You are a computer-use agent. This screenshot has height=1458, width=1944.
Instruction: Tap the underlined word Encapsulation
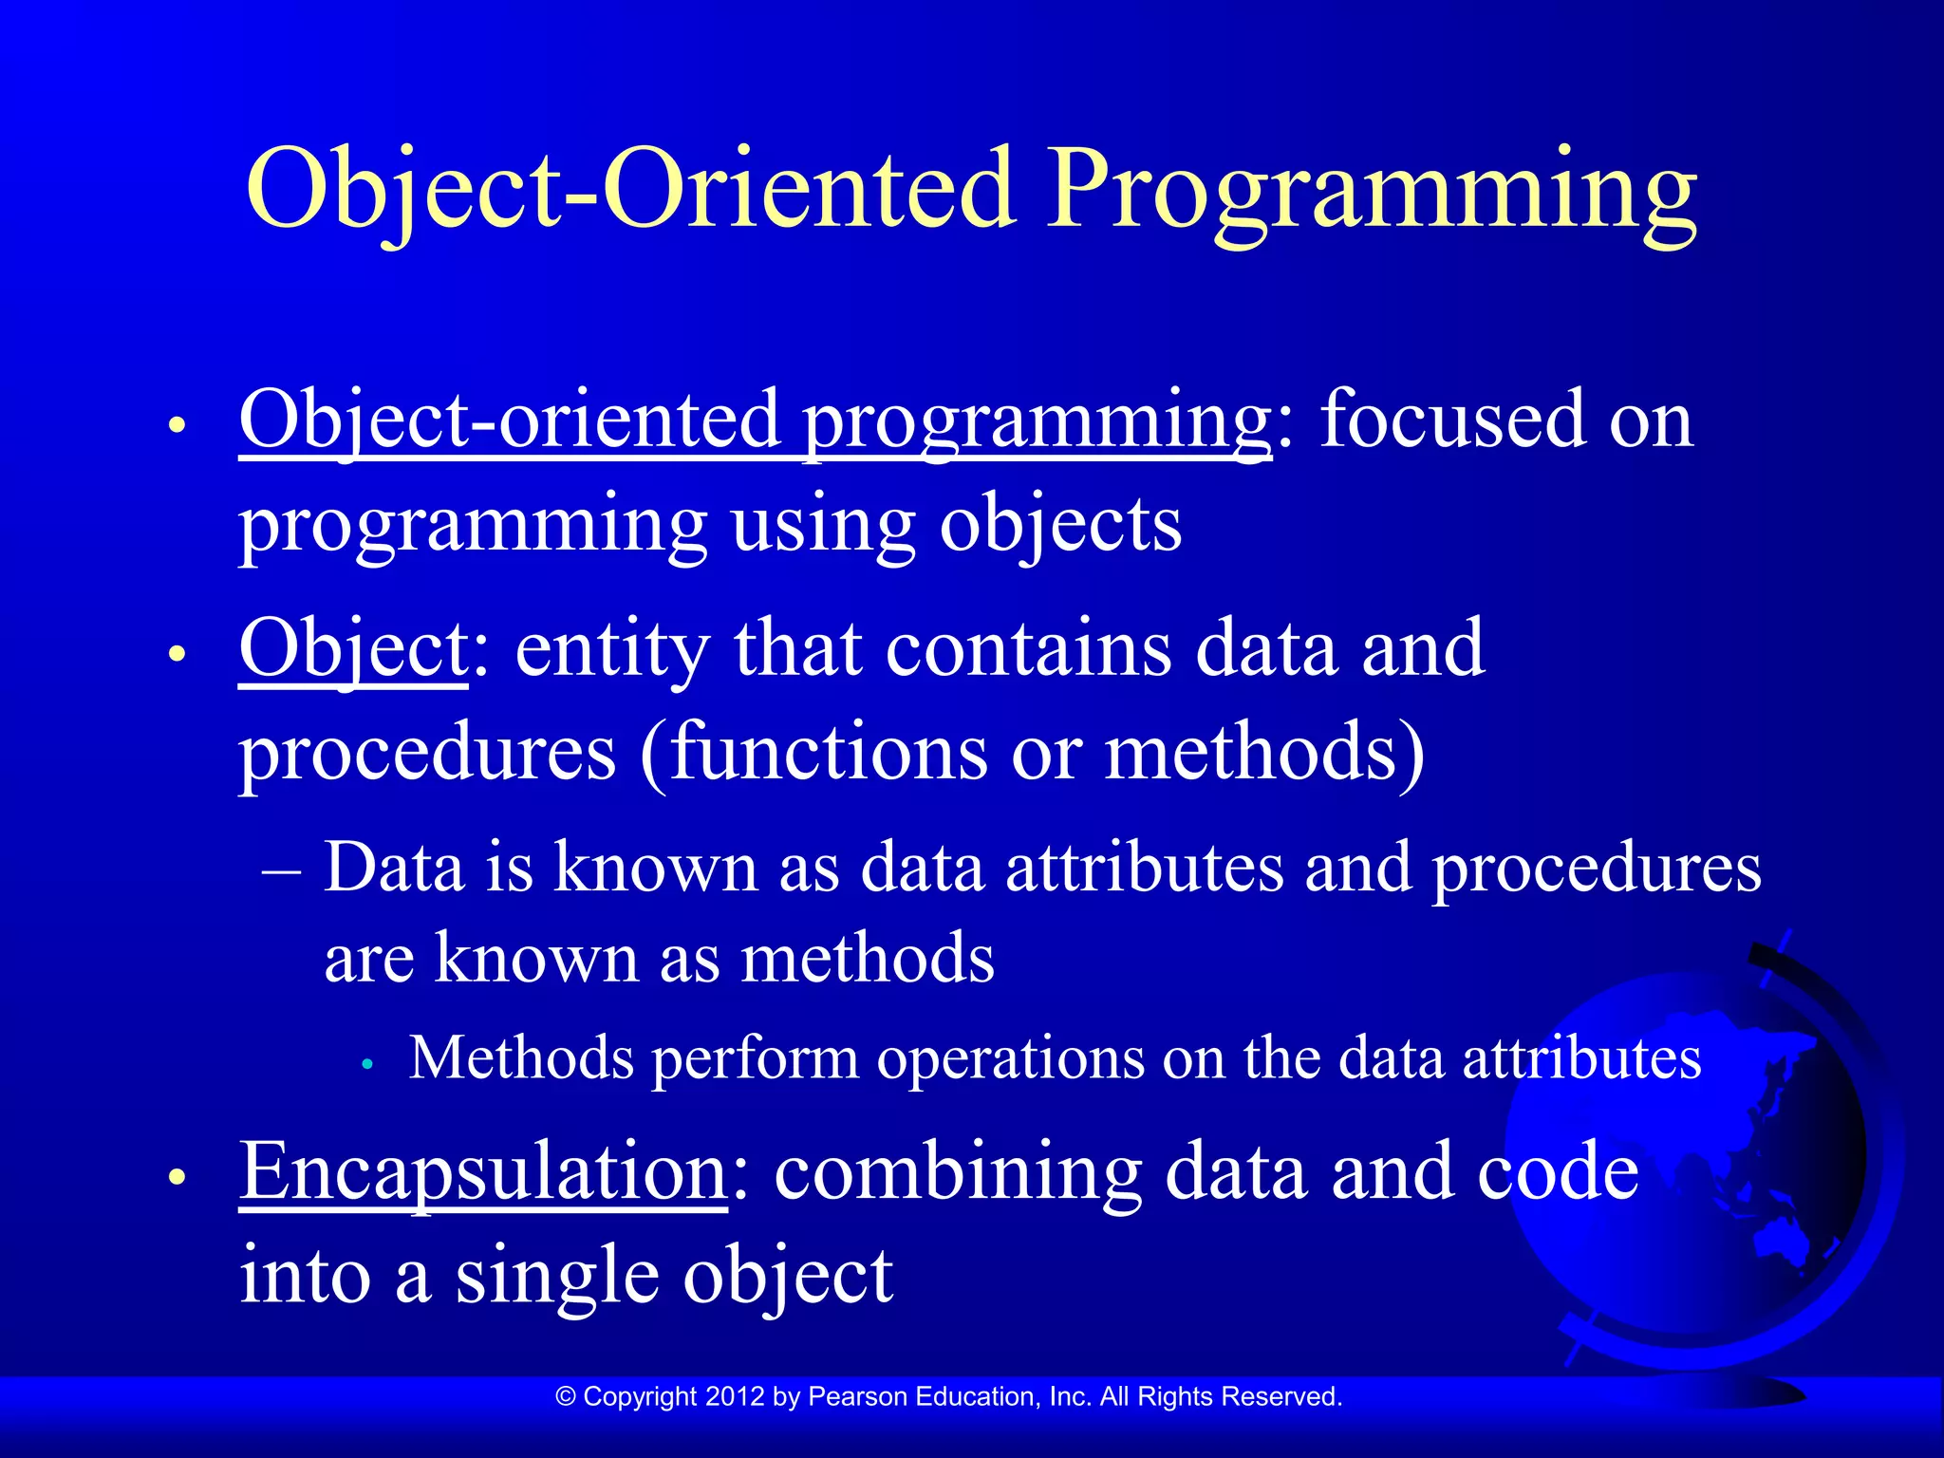point(483,1171)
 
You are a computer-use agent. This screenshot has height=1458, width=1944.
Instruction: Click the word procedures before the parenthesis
point(427,752)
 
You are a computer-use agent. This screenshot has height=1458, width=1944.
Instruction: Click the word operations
point(1010,1057)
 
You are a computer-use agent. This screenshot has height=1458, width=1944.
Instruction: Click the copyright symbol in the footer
point(566,1396)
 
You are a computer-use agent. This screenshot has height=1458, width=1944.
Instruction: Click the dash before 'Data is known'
point(282,869)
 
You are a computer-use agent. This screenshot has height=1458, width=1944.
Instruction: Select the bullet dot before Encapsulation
point(176,1178)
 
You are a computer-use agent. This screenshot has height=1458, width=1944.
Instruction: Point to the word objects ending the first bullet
point(1060,524)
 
